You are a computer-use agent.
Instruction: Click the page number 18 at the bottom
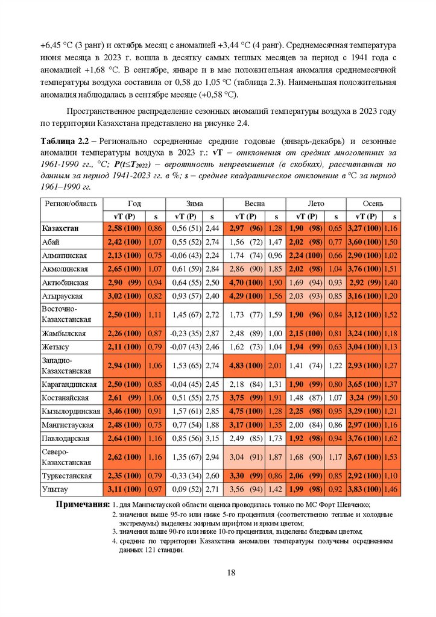pos(230,572)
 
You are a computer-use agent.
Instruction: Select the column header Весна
pos(254,204)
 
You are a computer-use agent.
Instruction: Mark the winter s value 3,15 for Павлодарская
pos(212,439)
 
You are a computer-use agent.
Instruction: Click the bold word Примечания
pos(83,504)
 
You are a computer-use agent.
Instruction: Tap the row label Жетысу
pos(55,346)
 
